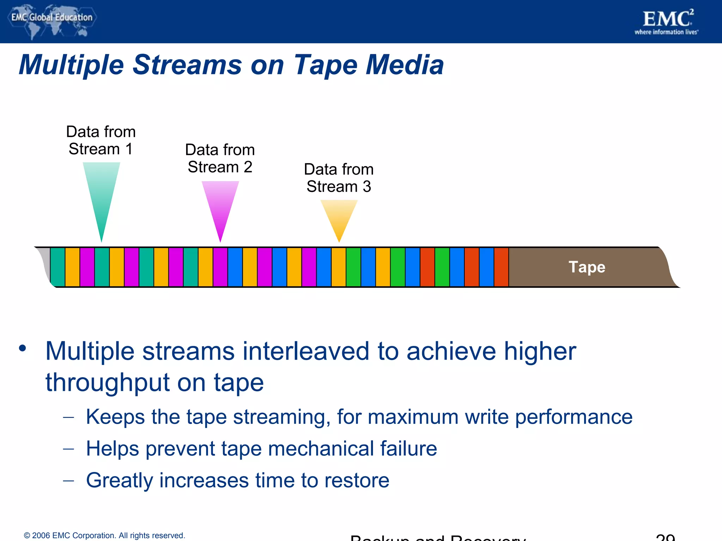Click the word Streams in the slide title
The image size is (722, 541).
point(187,65)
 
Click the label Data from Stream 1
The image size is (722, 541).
point(101,140)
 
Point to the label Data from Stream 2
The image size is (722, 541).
point(220,158)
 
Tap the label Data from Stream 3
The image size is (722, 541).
point(339,178)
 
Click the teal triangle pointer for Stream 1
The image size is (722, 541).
point(102,190)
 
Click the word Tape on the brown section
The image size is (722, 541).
point(587,267)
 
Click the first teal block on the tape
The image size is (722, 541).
point(58,267)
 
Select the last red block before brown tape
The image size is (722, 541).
point(501,267)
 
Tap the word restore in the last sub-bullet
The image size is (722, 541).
point(356,480)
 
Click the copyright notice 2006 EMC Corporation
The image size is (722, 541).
point(104,535)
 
